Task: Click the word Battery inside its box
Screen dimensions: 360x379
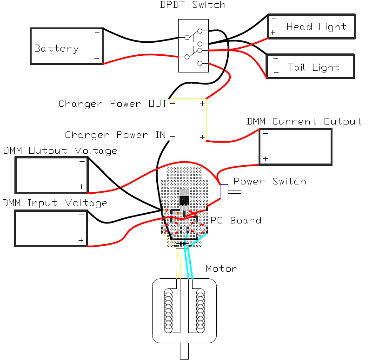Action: pos(56,48)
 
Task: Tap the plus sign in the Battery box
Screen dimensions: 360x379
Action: pos(97,58)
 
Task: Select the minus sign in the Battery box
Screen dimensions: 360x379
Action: pos(97,33)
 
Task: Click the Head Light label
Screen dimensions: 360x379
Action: pos(316,27)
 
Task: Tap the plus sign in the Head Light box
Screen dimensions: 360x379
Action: pos(273,33)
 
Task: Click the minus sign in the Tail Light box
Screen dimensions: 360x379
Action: pos(276,59)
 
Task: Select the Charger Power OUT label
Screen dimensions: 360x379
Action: pos(112,104)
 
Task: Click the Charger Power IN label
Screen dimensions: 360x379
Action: pos(115,135)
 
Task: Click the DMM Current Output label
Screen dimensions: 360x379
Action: pos(304,122)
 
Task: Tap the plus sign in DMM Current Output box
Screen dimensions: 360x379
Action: pos(265,159)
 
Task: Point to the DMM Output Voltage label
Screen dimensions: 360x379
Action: pos(60,151)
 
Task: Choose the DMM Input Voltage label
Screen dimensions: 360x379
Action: pos(55,203)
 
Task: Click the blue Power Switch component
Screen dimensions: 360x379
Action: pos(224,192)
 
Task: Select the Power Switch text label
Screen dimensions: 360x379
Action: pos(270,181)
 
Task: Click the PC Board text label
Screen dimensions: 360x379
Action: pos(236,220)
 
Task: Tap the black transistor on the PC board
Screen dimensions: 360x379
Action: pos(184,200)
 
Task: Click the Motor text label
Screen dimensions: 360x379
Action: pos(221,268)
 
